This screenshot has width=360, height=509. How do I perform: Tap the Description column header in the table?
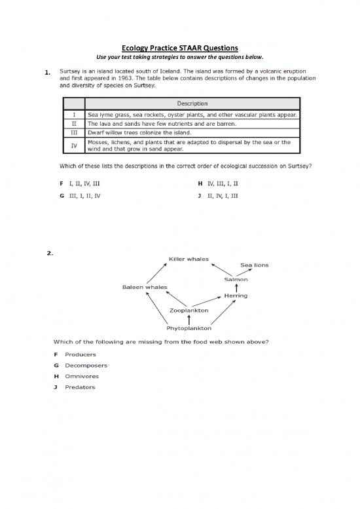point(192,104)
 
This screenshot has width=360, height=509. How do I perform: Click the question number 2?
point(50,254)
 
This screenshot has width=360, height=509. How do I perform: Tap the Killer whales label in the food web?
point(189,259)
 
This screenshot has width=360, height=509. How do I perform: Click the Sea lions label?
point(255,265)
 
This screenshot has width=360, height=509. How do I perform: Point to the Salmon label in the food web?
point(236,279)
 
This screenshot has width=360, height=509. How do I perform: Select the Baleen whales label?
point(145,287)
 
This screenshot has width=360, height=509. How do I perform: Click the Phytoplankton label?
point(189,328)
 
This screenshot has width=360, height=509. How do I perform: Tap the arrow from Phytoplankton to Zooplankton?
point(189,319)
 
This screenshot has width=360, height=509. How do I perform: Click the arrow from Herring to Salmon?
point(236,288)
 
